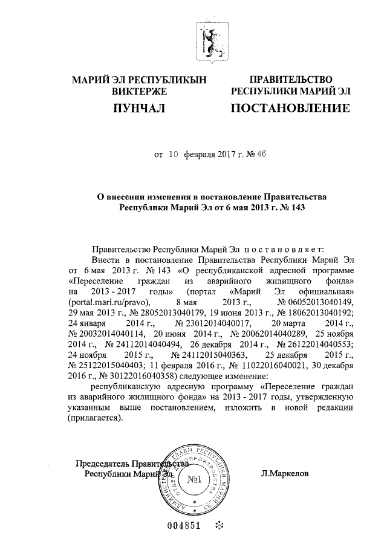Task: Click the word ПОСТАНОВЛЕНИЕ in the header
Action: pyautogui.click(x=291, y=109)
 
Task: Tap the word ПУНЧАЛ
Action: pyautogui.click(x=138, y=109)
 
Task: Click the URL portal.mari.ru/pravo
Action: pyautogui.click(x=112, y=300)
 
